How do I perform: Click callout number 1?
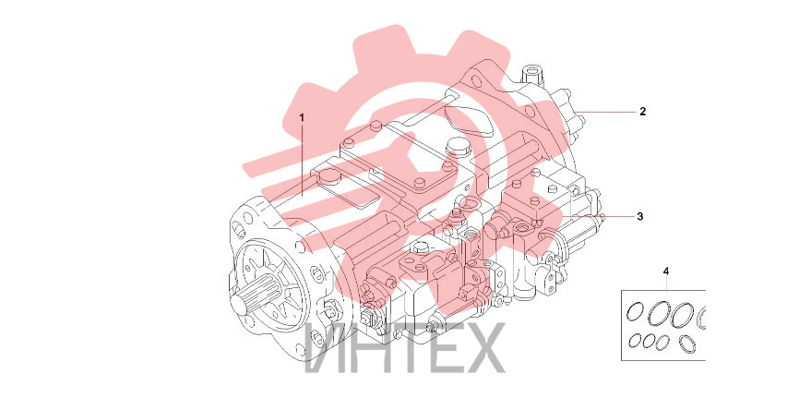[x=302, y=117]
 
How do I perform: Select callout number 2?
[x=642, y=111]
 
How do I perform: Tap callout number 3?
[x=639, y=216]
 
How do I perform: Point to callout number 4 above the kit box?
[x=666, y=271]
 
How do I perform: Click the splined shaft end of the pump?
[x=257, y=301]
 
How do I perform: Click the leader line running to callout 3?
[x=600, y=216]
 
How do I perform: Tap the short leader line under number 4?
[x=666, y=283]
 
